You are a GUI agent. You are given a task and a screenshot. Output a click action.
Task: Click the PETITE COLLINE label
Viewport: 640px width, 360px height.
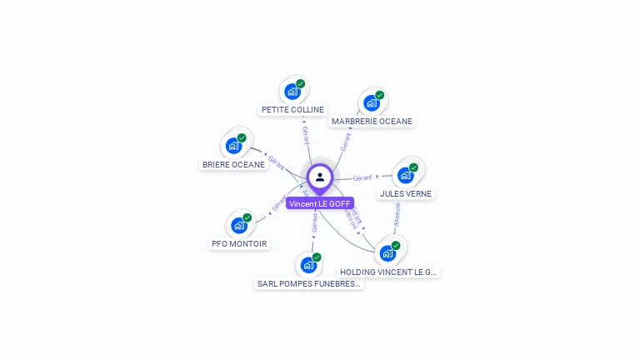tap(292, 109)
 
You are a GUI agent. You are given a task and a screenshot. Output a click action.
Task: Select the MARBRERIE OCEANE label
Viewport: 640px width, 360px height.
tap(372, 121)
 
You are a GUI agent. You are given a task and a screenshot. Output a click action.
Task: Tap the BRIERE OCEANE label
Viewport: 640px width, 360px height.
tap(233, 164)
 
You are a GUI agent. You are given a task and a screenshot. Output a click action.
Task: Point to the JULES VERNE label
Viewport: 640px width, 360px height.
tap(406, 193)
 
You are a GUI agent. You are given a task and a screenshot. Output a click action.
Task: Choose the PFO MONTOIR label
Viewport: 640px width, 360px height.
tap(239, 243)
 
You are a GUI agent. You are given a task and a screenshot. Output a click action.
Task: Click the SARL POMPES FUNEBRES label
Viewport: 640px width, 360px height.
tap(309, 283)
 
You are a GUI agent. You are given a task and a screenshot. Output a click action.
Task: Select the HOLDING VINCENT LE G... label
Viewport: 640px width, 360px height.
tap(388, 272)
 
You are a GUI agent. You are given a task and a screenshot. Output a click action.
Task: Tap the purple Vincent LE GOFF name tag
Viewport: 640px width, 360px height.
tap(320, 203)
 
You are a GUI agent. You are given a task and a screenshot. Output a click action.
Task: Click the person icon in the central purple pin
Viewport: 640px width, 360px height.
tap(320, 177)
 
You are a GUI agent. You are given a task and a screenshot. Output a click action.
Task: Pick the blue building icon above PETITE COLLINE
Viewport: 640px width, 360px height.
tap(292, 92)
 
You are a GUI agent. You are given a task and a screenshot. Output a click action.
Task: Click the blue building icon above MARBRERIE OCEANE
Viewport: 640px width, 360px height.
tap(371, 103)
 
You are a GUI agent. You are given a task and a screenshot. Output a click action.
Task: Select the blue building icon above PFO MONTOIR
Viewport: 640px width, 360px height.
tap(239, 226)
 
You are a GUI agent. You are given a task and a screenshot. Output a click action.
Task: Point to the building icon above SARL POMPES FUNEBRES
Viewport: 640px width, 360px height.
tap(308, 266)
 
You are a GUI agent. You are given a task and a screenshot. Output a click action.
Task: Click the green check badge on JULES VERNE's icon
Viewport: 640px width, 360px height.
tap(413, 167)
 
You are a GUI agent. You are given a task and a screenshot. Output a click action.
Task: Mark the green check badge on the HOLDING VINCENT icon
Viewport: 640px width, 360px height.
tap(396, 246)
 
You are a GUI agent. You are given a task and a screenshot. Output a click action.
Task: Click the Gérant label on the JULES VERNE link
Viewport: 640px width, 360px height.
tap(362, 177)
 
